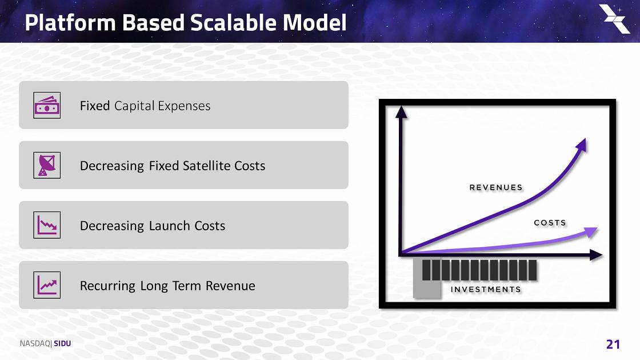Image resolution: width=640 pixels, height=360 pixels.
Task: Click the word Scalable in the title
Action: (234, 22)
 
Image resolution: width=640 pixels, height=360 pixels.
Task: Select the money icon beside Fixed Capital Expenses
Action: (47, 105)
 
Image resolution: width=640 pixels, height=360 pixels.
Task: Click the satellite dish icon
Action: (47, 165)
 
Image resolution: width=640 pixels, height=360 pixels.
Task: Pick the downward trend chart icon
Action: (47, 225)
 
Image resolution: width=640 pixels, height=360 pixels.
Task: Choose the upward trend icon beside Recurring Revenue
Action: (47, 285)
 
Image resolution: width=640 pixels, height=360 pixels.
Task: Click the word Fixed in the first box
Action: (95, 106)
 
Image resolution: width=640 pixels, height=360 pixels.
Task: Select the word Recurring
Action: (107, 286)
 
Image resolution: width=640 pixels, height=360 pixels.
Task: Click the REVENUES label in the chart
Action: (496, 187)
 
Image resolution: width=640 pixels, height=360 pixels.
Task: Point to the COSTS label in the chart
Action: (550, 222)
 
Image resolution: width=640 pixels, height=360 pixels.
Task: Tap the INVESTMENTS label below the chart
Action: (486, 289)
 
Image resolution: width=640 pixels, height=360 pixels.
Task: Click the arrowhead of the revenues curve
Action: (581, 145)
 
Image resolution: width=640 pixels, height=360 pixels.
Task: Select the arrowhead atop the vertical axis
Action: (401, 112)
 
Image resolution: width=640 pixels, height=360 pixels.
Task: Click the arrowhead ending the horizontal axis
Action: (597, 255)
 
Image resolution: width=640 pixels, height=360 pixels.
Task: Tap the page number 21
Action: (613, 345)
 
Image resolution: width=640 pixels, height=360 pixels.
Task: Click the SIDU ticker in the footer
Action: (62, 343)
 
